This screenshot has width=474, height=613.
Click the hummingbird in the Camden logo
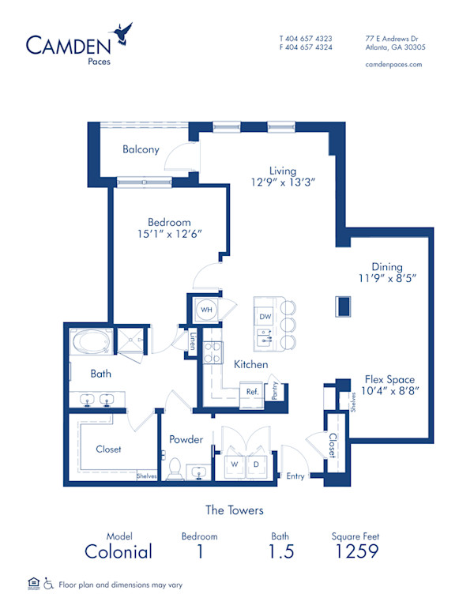[x=123, y=33]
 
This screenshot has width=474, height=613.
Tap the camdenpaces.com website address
[x=393, y=64]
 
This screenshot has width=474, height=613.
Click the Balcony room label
[x=141, y=149]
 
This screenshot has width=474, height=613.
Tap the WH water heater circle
[x=205, y=310]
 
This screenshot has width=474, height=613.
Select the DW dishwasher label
[x=265, y=316]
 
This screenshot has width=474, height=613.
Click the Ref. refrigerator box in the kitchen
[x=252, y=391]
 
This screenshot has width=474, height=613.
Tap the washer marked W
[x=234, y=465]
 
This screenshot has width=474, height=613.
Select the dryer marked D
[x=257, y=465]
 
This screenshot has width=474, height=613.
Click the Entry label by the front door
[x=295, y=476]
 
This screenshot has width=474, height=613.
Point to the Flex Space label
[x=389, y=378]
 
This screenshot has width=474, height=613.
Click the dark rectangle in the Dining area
[x=343, y=305]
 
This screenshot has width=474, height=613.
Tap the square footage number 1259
[x=355, y=551]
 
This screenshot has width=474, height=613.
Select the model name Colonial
[x=118, y=551]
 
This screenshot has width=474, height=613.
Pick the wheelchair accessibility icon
[x=48, y=585]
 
